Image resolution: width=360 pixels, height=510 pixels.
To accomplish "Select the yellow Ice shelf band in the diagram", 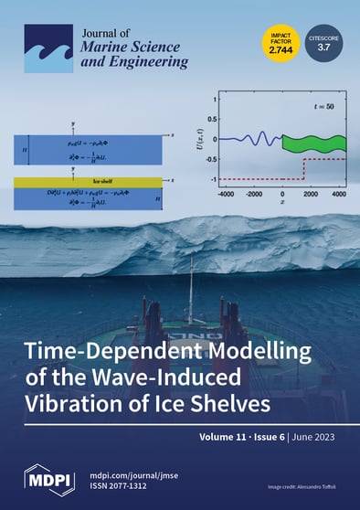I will coord(87,182).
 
